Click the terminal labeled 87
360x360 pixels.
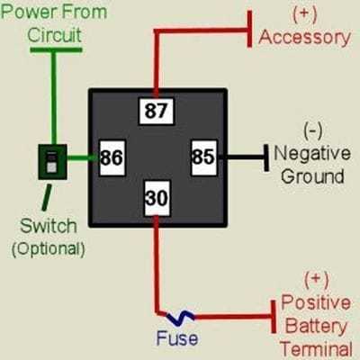click(x=156, y=112)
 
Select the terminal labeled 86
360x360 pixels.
click(x=112, y=157)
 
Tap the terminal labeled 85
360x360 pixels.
click(x=202, y=157)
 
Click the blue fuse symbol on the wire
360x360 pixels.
click(x=180, y=317)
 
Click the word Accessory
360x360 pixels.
click(x=304, y=37)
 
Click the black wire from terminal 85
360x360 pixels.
click(x=238, y=157)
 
